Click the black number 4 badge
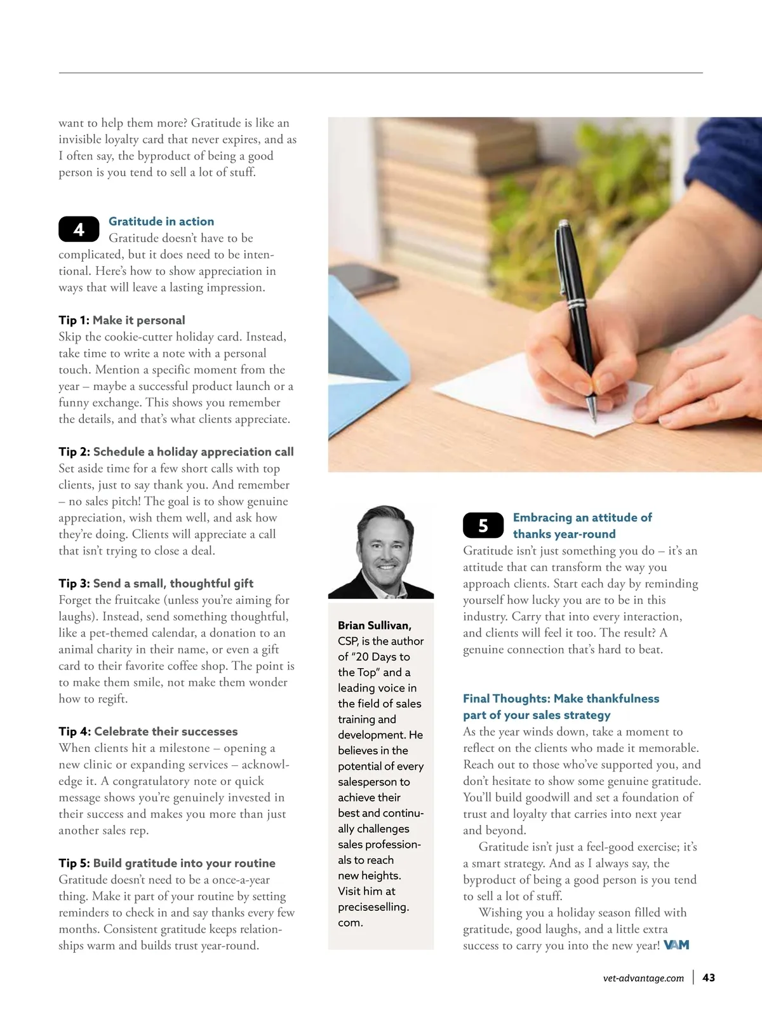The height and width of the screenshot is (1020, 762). coord(79,229)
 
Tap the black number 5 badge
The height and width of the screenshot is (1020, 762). coord(483,525)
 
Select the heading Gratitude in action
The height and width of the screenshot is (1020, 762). coord(161,222)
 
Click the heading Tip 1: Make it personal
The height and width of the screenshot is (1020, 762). coord(122,320)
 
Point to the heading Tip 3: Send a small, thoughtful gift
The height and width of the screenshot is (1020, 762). coord(156,583)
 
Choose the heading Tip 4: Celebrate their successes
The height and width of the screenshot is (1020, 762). coord(148,731)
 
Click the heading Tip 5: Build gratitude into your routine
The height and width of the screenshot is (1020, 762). coord(167,863)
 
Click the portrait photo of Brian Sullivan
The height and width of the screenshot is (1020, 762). coord(381,551)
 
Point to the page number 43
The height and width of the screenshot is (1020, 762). coord(709,978)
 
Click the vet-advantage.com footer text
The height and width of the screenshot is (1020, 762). coord(643,979)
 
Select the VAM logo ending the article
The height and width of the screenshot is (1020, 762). coord(676,945)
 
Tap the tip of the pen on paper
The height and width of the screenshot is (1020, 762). coord(594,419)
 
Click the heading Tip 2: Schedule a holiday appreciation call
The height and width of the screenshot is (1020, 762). coord(176,452)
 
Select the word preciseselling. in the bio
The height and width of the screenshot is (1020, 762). coord(373,907)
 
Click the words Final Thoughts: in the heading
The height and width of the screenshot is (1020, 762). coord(507,699)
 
